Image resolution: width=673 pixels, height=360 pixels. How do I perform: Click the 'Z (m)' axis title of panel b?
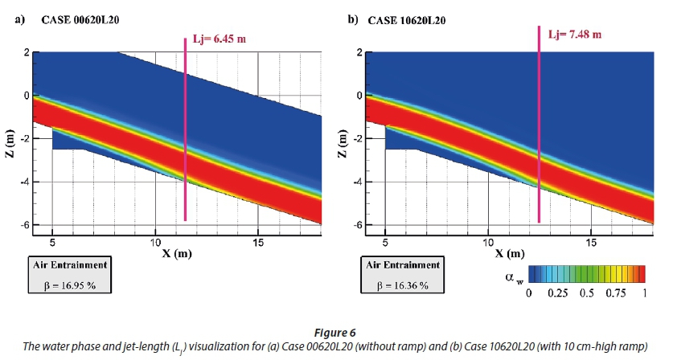tap(343, 140)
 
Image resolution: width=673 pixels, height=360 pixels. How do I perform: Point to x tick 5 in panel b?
tap(385, 242)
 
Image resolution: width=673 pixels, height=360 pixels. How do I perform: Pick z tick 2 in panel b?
tap(359, 53)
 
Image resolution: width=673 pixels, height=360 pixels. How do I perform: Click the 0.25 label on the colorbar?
tap(557, 295)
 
